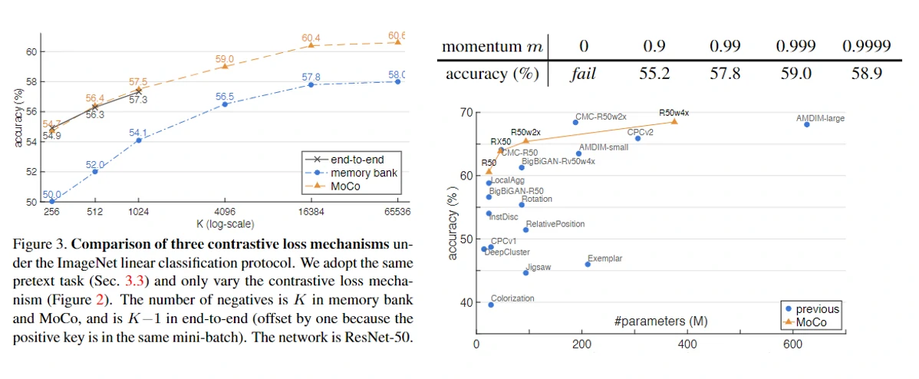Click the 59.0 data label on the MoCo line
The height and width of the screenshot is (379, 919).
tap(225, 58)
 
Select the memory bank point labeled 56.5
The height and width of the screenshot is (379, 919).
tap(225, 104)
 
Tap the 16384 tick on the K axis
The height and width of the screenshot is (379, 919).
tap(311, 211)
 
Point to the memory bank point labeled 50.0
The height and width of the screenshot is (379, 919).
tap(52, 202)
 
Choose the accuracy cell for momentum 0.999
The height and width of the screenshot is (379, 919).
tap(795, 74)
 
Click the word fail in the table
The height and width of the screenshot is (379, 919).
tap(584, 74)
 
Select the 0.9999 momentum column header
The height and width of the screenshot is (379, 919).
tap(866, 46)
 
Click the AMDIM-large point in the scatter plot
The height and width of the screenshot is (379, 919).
tap(806, 124)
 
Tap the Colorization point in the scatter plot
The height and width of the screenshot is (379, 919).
tap(490, 305)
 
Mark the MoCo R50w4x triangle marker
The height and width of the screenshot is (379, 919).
tap(674, 121)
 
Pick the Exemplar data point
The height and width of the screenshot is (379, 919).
tap(588, 264)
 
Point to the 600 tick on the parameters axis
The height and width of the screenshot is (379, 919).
tap(792, 345)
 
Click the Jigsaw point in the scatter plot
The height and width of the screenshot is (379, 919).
tap(525, 272)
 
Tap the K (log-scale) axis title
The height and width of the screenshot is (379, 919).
tap(225, 224)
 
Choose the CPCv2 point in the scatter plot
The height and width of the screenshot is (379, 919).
tap(637, 138)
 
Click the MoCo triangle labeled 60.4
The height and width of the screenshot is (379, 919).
tap(311, 45)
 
